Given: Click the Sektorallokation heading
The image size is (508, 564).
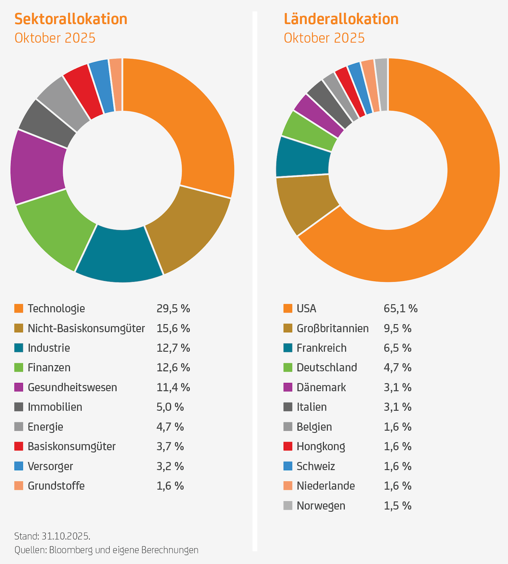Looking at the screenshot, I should coord(71,19).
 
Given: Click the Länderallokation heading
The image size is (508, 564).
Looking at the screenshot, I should coord(341,19).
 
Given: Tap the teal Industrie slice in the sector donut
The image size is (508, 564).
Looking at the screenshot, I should coord(120,254).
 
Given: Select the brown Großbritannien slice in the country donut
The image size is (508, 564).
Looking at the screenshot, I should coord(305,203).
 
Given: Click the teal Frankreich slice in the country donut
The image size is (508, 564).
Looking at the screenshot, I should coord(303,157).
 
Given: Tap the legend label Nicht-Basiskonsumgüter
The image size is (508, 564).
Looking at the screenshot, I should coord(86,328).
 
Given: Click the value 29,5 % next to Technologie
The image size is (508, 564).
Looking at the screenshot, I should coord(173,308).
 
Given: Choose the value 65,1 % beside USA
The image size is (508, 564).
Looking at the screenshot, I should coord(400,308).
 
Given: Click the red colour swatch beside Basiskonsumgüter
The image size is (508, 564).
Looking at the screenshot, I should coord(19,446).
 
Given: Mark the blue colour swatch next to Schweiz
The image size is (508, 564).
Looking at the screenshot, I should coord(288,466).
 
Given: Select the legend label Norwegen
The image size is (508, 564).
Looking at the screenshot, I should coord(321,506).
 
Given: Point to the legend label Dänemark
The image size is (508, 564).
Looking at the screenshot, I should coord(321,387).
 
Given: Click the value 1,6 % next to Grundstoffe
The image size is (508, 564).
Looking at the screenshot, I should coord(170,486).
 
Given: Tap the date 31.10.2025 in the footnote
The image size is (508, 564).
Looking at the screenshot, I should coord(65,536).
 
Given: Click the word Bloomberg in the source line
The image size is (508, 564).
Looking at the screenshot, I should coord(70,550).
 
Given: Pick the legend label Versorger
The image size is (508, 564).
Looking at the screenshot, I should coord(50,466).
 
